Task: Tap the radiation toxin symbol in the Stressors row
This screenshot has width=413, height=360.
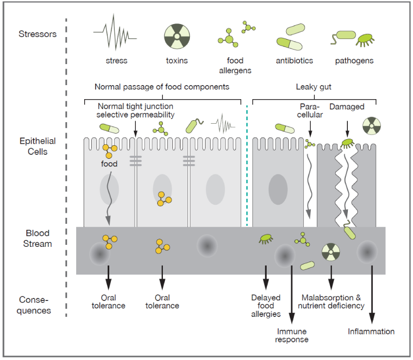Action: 177,36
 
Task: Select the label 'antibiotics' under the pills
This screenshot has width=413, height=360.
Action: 294,61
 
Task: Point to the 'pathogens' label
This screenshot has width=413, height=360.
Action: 354,61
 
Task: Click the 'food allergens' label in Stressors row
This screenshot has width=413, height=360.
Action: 235,66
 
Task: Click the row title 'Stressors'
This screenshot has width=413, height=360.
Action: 38,34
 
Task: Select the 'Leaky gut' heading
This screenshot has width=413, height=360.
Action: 314,87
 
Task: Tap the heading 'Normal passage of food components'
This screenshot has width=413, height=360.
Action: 162,87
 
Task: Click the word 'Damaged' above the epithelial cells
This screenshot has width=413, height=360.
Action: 347,107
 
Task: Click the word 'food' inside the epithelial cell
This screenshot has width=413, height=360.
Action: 109,164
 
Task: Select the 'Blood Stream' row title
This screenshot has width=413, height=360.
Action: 38,238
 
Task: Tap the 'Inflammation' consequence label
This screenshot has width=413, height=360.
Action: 371,331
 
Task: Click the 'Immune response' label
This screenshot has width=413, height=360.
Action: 292,335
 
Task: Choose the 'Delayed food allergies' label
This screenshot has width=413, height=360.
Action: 266,306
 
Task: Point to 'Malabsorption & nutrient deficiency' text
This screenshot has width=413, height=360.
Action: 331,301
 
